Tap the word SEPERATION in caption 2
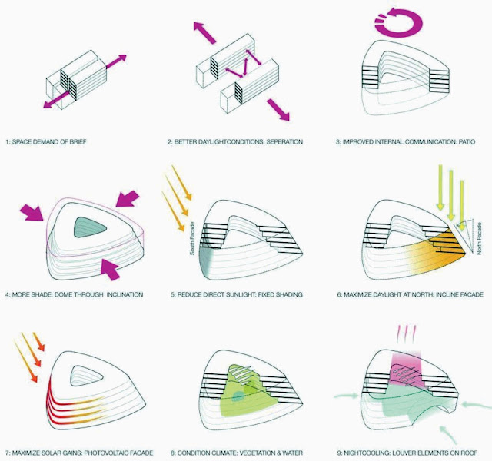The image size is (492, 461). (285, 142)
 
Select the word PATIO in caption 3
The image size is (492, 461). (467, 142)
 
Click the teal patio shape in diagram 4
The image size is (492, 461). (91, 227)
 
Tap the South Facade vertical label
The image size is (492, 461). (193, 238)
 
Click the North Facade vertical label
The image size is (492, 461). (479, 239)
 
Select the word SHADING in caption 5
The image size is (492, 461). (289, 295)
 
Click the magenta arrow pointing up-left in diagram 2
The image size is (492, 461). (204, 32)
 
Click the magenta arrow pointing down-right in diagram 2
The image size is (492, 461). (278, 109)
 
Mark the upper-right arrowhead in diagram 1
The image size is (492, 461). (122, 58)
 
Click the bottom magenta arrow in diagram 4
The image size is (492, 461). (110, 270)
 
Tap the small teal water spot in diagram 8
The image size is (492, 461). (238, 396)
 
